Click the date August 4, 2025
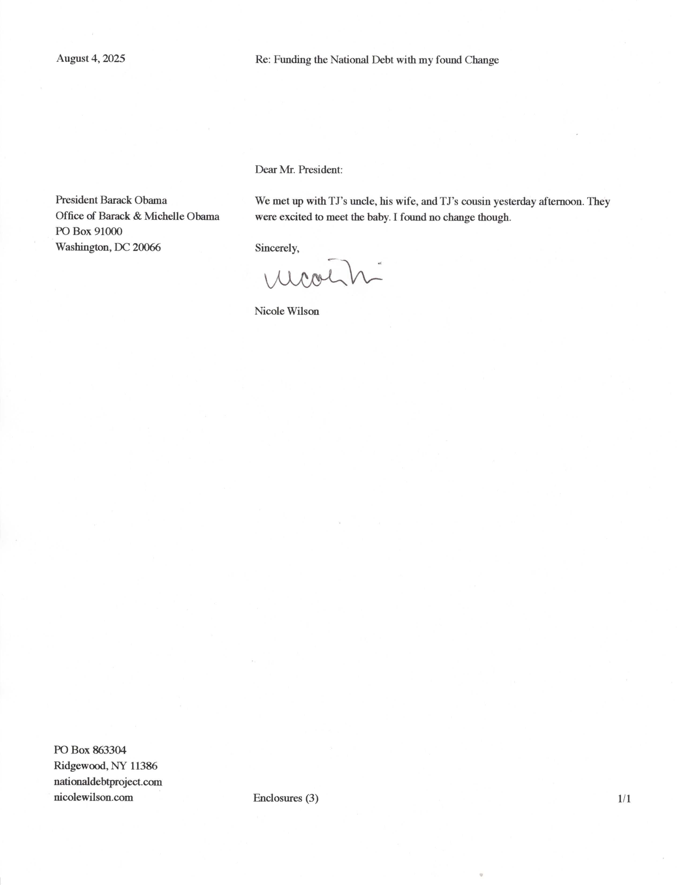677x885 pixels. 91,58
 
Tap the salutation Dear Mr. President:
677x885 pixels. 299,170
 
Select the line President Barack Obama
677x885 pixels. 111,200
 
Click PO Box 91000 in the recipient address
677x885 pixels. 89,231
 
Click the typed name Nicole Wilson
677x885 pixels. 287,311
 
